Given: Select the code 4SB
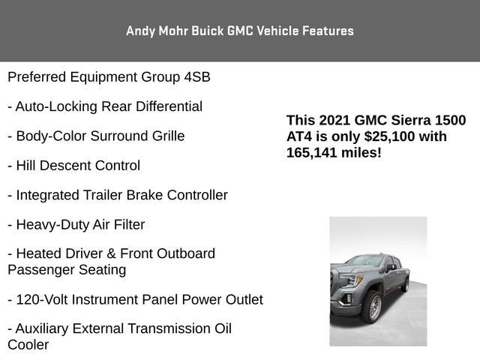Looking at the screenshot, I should (x=196, y=77).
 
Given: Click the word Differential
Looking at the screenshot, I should (x=165, y=106).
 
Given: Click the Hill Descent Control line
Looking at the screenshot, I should (x=73, y=165).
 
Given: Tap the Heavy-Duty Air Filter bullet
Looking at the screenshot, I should (x=76, y=224).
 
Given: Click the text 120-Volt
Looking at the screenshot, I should (x=43, y=299).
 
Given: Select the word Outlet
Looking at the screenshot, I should (x=243, y=299).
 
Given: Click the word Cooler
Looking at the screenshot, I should (x=28, y=345).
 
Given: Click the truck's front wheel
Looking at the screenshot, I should (x=371, y=306).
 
